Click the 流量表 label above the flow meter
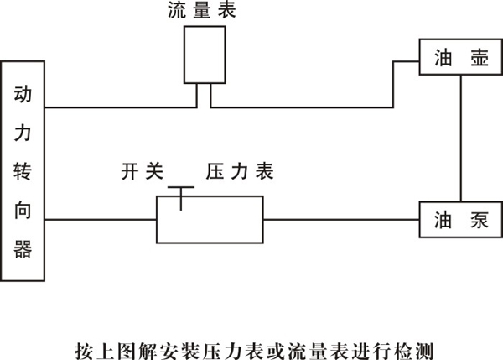201,12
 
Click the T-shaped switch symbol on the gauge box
180,192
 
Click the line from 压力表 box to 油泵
340,220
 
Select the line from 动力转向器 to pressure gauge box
101,220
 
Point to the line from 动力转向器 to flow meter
117,107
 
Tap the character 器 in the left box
23,249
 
